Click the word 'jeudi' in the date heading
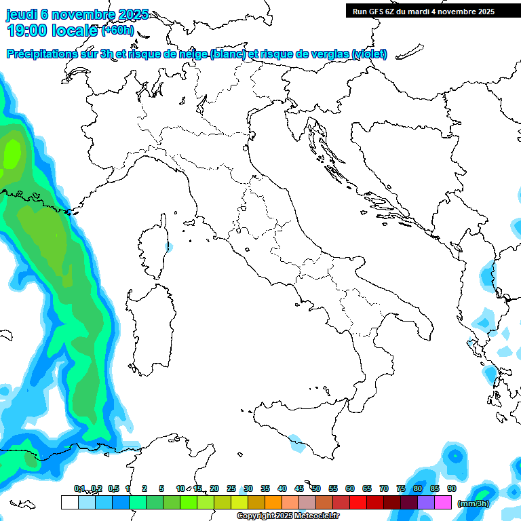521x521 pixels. tap(22, 14)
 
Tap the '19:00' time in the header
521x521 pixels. tap(27, 31)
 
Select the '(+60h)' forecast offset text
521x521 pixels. tap(118, 30)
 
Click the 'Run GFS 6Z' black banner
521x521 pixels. tap(423, 12)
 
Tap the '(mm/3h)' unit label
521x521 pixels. tap(472, 503)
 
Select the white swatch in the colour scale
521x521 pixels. tap(69, 503)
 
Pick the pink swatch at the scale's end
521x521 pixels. tap(443, 503)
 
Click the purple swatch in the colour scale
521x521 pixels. tap(426, 503)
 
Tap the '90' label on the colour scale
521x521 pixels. tap(452, 489)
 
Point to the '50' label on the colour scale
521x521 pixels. tap(316, 489)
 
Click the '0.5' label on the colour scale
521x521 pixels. tap(113, 489)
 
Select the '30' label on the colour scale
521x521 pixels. tap(248, 489)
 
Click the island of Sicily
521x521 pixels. tap(298, 427)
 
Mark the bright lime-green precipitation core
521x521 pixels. tap(12, 153)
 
